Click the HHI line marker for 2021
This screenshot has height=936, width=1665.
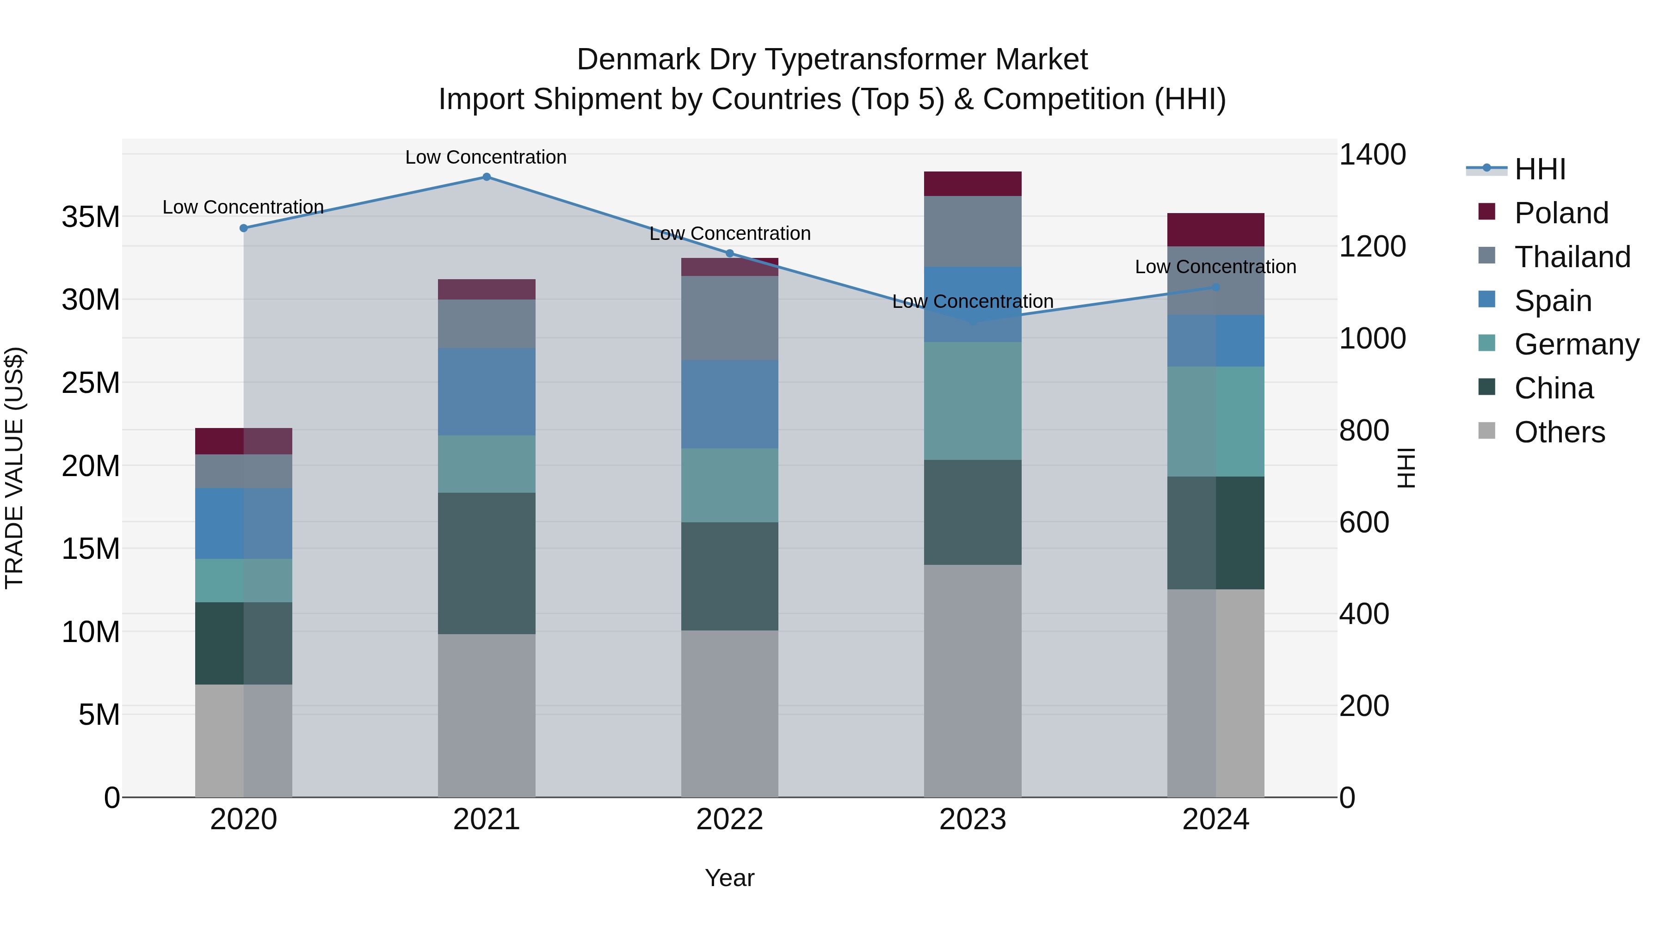point(487,177)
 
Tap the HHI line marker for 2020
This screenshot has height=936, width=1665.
point(244,228)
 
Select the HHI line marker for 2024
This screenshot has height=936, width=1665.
point(1216,288)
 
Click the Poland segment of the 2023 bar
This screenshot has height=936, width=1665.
point(973,184)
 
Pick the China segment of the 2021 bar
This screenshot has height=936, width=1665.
point(487,563)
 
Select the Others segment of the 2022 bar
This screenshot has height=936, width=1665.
point(730,714)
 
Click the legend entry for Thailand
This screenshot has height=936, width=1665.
point(1572,257)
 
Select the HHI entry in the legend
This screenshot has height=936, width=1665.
point(1540,169)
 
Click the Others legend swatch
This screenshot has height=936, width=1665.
point(1486,431)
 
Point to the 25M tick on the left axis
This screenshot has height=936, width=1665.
point(91,383)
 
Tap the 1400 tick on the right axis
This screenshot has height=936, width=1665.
point(1372,155)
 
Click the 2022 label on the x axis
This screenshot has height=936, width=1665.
point(730,820)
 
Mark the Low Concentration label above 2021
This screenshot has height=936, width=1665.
point(486,157)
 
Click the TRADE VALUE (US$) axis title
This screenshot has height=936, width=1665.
point(15,468)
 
